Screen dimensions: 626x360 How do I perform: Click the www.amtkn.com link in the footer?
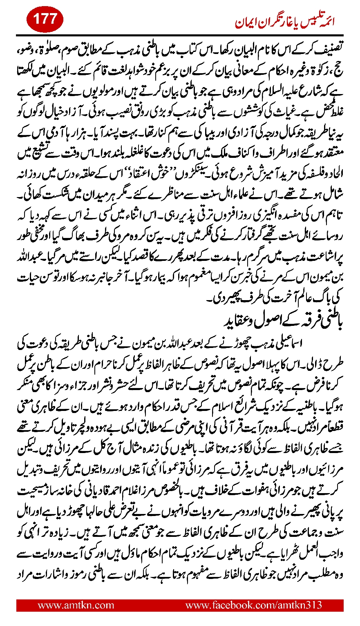click(x=76, y=605)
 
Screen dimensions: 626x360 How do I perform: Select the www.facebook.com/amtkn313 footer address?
click(x=254, y=605)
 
